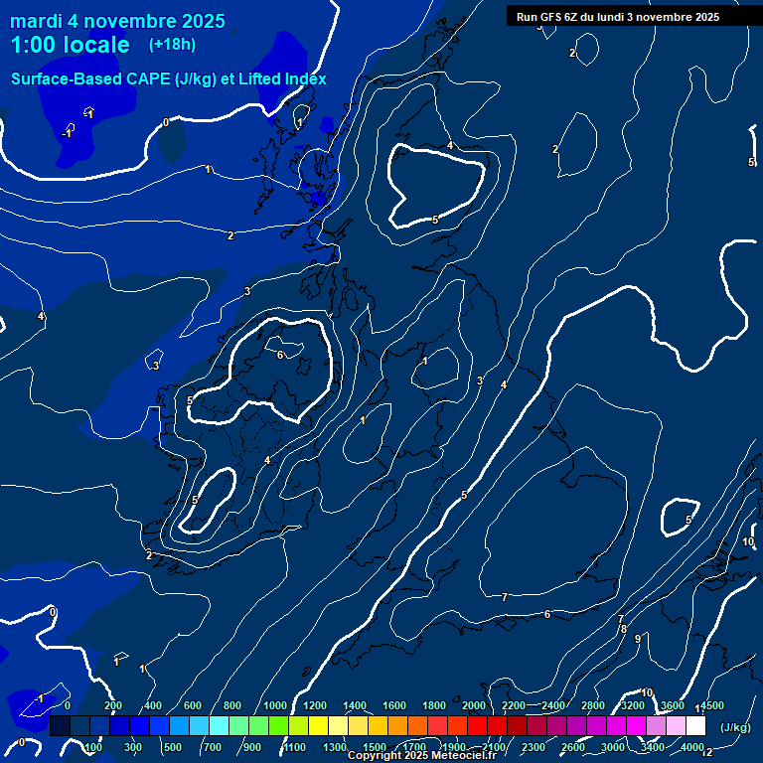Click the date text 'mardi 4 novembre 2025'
tap(117, 21)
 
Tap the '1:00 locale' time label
tap(70, 45)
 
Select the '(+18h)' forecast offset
tap(172, 44)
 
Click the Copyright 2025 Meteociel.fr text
tap(425, 756)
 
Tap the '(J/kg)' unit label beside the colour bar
tap(734, 727)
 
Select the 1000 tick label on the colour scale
tap(275, 705)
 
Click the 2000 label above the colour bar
tap(474, 705)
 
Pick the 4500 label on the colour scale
tap(712, 705)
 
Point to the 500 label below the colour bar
tap(172, 747)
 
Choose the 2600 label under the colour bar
tap(573, 747)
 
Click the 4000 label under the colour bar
tap(692, 747)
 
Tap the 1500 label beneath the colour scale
tap(375, 747)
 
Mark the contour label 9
tap(637, 639)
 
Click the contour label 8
tap(624, 629)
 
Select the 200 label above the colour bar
tap(112, 705)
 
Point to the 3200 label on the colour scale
tap(633, 705)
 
